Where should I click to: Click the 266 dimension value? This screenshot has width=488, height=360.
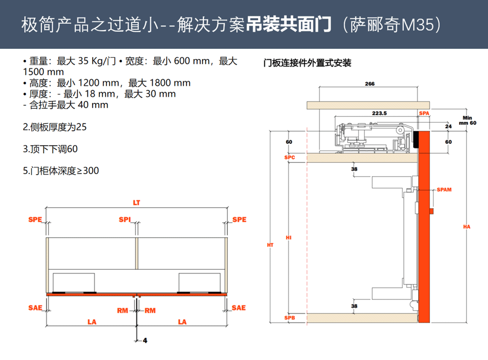[370, 84]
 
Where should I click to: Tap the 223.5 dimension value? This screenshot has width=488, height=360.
[379, 113]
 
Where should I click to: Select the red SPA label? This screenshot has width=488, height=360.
[424, 113]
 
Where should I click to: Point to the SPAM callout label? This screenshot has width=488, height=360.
[444, 189]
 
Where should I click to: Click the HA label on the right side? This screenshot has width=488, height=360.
[467, 227]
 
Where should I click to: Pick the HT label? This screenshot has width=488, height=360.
[270, 245]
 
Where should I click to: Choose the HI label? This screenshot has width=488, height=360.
[288, 238]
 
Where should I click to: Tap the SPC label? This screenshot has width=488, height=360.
[289, 158]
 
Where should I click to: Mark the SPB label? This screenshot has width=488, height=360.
[289, 318]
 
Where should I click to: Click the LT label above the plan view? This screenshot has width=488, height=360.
[137, 203]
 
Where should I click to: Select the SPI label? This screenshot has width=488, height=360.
[125, 220]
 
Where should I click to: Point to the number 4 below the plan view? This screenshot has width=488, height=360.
[145, 340]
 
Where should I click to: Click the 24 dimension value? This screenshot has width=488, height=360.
[448, 126]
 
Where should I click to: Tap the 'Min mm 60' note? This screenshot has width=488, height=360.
[468, 120]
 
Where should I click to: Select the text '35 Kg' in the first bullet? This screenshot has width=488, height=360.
[91, 61]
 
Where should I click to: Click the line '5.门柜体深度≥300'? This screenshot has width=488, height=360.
[61, 171]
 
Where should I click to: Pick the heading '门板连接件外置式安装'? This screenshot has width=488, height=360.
[307, 63]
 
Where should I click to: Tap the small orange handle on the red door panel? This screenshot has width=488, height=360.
[431, 211]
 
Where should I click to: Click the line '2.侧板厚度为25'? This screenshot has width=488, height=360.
[55, 127]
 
